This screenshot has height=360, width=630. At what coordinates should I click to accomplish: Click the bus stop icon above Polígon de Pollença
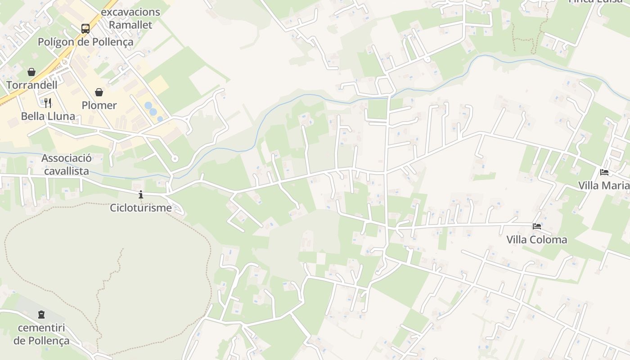(x=85, y=29)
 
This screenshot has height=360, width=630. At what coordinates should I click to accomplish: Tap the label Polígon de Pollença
(x=85, y=42)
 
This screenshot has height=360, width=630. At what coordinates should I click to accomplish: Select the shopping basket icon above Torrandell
(x=31, y=72)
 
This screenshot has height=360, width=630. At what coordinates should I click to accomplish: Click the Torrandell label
(x=31, y=85)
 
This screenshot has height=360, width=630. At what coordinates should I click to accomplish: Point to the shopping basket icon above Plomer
(x=99, y=92)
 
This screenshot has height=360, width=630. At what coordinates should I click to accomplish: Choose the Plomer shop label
(x=99, y=105)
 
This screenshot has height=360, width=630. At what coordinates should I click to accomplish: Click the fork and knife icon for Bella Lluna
(x=48, y=103)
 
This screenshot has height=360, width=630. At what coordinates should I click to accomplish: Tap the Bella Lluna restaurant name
(x=48, y=117)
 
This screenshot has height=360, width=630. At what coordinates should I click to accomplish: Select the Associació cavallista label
(x=67, y=165)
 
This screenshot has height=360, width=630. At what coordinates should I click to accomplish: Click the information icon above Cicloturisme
(x=141, y=194)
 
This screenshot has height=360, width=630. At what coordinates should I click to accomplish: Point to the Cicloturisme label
(x=141, y=208)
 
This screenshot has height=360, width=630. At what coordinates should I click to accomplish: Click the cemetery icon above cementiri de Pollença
(x=41, y=314)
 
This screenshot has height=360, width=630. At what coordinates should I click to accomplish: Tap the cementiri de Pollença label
(x=41, y=334)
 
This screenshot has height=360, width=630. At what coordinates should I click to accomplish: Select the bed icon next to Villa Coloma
(x=536, y=226)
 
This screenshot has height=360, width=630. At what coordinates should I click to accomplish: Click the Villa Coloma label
(x=536, y=239)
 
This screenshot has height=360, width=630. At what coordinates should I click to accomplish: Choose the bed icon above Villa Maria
(x=604, y=172)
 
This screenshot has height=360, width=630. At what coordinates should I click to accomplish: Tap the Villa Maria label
(x=603, y=185)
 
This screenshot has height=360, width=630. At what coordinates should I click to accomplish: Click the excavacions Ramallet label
(x=130, y=18)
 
